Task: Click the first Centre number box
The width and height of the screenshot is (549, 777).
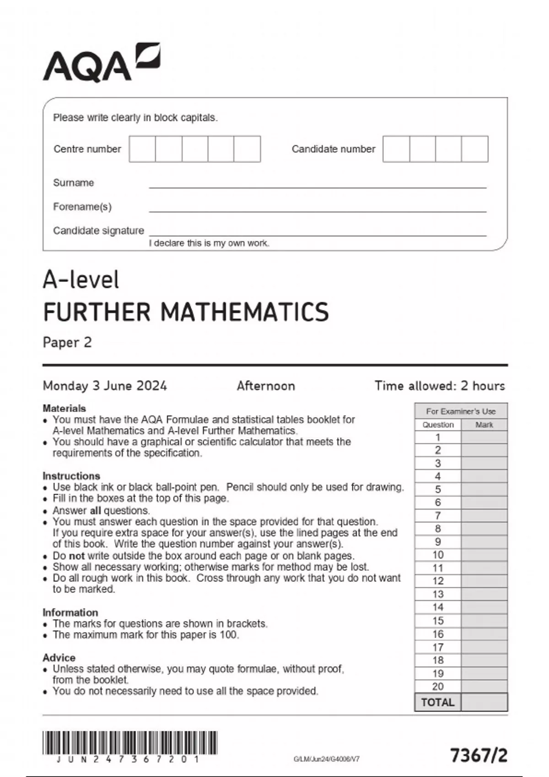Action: tap(142, 149)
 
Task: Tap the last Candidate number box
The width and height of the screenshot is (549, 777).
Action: tap(474, 149)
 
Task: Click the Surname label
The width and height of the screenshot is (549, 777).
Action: tap(73, 183)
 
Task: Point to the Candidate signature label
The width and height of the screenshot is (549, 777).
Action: tap(98, 231)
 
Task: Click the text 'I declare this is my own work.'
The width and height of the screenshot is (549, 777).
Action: tap(209, 243)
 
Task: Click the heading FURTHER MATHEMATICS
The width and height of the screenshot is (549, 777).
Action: tap(186, 312)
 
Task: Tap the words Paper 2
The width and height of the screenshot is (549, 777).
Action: tap(67, 342)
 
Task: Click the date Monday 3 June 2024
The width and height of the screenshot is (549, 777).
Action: tap(105, 386)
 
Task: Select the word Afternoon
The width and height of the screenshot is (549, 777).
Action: tap(266, 386)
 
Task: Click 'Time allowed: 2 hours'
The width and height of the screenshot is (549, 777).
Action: tap(440, 386)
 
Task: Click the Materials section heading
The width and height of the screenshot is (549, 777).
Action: tap(64, 408)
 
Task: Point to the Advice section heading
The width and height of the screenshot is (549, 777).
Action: tap(59, 658)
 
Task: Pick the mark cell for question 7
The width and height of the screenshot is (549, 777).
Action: tap(484, 516)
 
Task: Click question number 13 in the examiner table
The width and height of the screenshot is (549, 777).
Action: tap(438, 594)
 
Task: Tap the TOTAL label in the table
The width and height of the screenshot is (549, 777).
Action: tap(438, 702)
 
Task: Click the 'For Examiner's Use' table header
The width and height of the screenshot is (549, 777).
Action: tap(461, 411)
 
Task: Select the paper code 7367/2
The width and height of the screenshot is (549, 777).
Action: tap(479, 756)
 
